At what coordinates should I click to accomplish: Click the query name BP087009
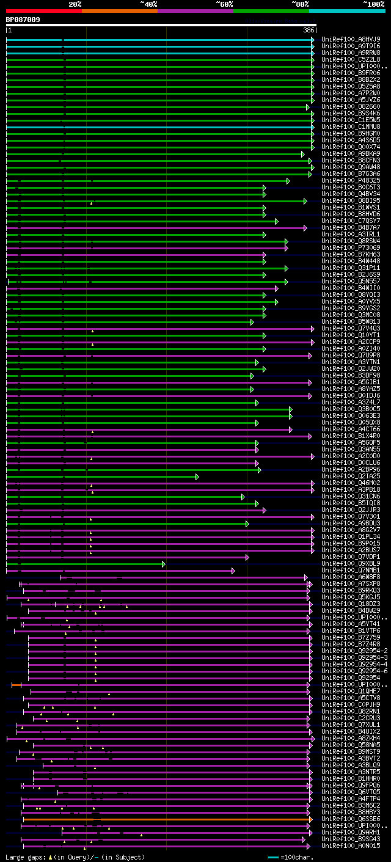pyautogui.click(x=23, y=20)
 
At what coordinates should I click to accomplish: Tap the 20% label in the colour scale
pyautogui.click(x=75, y=4)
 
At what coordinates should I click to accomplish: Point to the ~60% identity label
pyautogui.click(x=224, y=4)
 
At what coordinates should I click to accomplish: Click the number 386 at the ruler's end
pyautogui.click(x=309, y=30)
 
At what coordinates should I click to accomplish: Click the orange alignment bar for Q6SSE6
pyautogui.click(x=183, y=819)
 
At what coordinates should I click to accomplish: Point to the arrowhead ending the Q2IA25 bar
pyautogui.click(x=197, y=477)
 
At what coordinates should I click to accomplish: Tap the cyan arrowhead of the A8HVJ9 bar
pyautogui.click(x=313, y=40)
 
